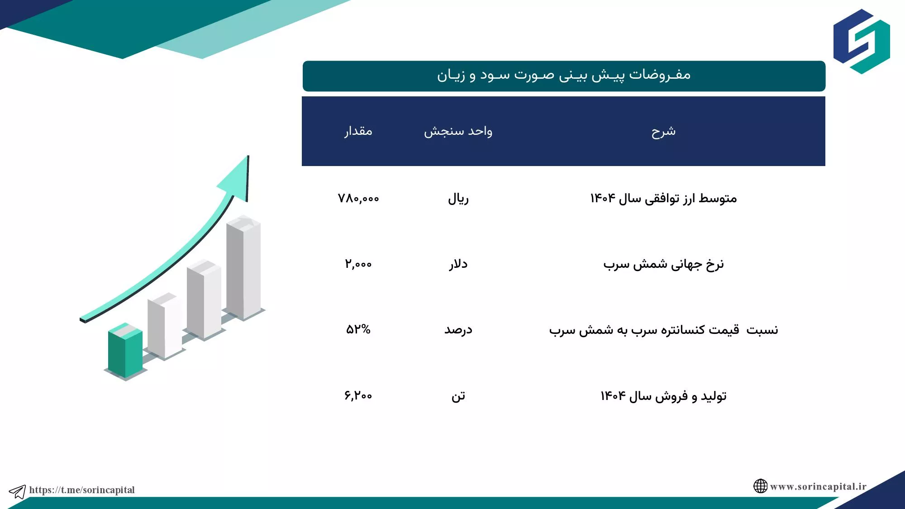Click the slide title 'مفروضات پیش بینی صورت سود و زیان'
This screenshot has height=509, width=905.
click(x=564, y=75)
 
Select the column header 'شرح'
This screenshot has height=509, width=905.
click(x=663, y=131)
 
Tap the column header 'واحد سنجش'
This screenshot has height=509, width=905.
click(x=458, y=131)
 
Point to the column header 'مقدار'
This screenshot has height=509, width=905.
click(x=358, y=131)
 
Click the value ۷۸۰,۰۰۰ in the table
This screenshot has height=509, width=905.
click(x=358, y=198)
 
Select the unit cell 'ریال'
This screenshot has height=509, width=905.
click(x=458, y=198)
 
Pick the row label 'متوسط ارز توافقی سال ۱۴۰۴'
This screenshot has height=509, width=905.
click(x=663, y=198)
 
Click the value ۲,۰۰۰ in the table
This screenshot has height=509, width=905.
click(x=358, y=264)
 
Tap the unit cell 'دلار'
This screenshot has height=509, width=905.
click(x=458, y=264)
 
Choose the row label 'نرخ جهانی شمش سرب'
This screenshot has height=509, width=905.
click(x=663, y=264)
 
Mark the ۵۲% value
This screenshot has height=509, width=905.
click(x=358, y=329)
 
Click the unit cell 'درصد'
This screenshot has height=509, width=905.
click(x=458, y=329)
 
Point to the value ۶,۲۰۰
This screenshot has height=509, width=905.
click(x=358, y=395)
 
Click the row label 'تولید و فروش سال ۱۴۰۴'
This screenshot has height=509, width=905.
click(x=663, y=396)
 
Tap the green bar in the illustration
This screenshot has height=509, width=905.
click(x=125, y=351)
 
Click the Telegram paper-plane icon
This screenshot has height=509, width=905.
click(x=18, y=491)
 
